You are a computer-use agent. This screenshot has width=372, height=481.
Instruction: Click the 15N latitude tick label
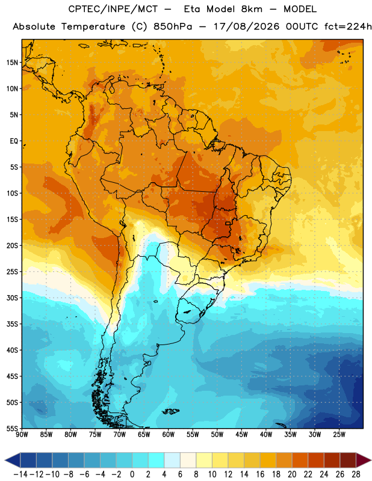click(12, 63)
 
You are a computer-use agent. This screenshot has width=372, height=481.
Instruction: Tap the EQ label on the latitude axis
click(14, 141)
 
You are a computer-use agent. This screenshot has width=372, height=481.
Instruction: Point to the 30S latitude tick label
click(12, 298)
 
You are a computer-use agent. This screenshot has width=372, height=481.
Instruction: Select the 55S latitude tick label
click(12, 428)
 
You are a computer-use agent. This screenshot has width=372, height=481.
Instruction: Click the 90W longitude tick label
click(22, 435)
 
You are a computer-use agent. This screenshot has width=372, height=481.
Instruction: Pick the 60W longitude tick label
click(169, 435)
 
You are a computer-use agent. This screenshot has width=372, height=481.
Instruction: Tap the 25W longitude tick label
click(339, 435)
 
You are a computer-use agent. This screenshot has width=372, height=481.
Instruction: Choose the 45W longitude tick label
click(242, 435)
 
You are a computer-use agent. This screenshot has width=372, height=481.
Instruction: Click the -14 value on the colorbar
click(20, 474)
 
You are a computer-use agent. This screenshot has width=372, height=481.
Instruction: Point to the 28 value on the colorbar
click(356, 474)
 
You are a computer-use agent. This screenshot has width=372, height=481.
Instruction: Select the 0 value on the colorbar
click(132, 474)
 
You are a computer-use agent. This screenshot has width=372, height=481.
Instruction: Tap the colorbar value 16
click(260, 474)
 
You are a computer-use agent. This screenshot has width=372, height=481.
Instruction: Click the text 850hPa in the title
click(173, 26)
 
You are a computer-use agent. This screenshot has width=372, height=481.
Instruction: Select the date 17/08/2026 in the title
click(246, 26)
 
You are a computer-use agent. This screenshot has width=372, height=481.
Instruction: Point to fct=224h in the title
click(348, 26)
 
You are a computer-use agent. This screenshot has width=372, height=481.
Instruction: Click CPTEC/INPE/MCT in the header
click(113, 9)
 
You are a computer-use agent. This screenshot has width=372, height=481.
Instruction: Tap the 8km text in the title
click(252, 9)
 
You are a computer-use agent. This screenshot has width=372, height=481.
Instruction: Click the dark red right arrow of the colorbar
click(364, 460)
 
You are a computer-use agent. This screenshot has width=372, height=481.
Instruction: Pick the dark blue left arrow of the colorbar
click(13, 460)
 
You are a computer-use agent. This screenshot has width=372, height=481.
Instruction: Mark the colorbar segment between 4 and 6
click(172, 460)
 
